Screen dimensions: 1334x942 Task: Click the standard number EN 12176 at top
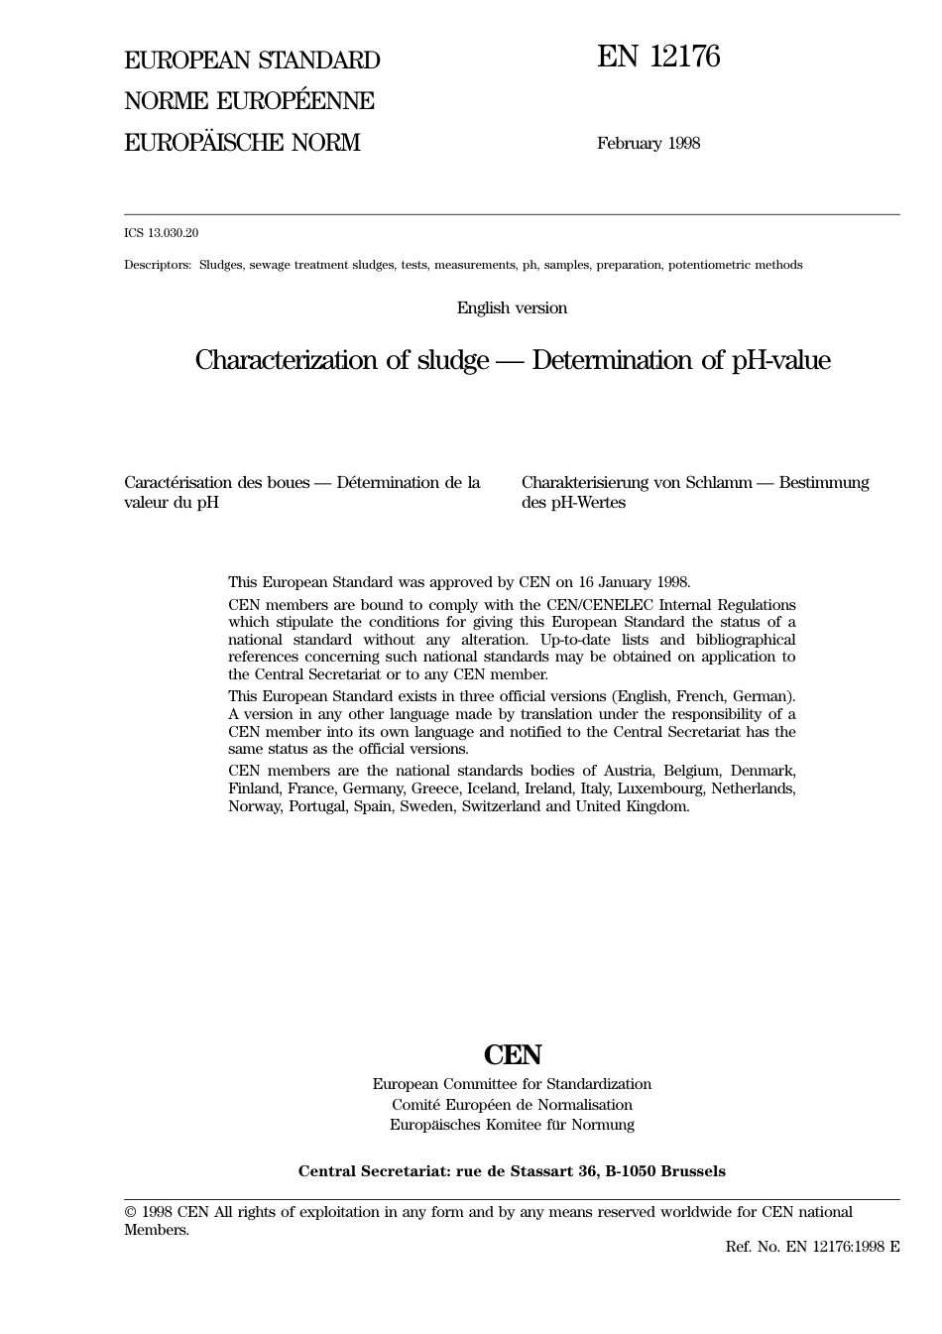[x=658, y=58]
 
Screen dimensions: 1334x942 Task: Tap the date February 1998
[x=648, y=143]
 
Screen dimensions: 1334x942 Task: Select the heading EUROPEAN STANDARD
[x=252, y=61]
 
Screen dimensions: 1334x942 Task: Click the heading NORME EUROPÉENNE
[x=249, y=101]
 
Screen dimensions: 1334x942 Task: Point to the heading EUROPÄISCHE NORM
[x=242, y=143]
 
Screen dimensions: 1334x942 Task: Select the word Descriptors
[x=157, y=265]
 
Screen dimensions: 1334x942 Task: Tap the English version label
[x=512, y=308]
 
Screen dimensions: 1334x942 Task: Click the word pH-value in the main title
[x=780, y=360]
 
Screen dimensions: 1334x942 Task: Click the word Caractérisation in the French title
[x=177, y=483]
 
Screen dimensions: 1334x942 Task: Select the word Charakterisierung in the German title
[x=588, y=483]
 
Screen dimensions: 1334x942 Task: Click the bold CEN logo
[x=513, y=1054]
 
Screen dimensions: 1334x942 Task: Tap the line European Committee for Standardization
[x=512, y=1084]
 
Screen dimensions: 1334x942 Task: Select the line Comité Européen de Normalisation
[x=512, y=1105]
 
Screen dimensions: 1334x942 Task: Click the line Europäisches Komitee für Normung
[x=512, y=1125]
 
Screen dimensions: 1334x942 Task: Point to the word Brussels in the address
[x=693, y=1171]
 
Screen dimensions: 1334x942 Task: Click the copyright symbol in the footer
[x=130, y=1212]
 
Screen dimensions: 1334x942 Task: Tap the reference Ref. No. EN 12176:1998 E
[x=812, y=1247]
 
